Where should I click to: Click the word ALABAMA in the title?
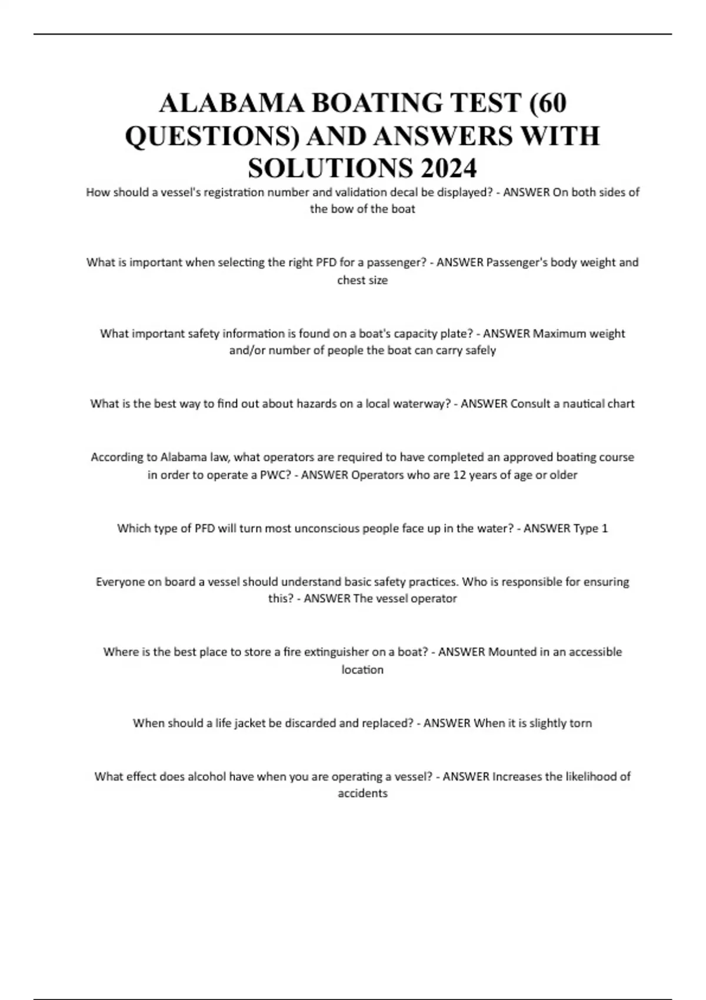(232, 104)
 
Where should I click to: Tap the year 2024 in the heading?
(448, 169)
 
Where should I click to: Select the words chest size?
(362, 281)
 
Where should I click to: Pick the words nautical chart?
(598, 404)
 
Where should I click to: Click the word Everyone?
(120, 582)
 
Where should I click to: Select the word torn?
(581, 723)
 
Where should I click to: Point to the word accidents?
(362, 794)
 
